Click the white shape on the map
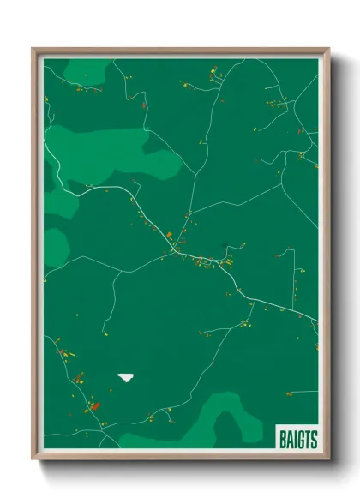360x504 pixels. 126,376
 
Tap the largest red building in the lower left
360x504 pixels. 95,406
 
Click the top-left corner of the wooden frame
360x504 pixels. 33,50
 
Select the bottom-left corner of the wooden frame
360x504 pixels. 33,457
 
